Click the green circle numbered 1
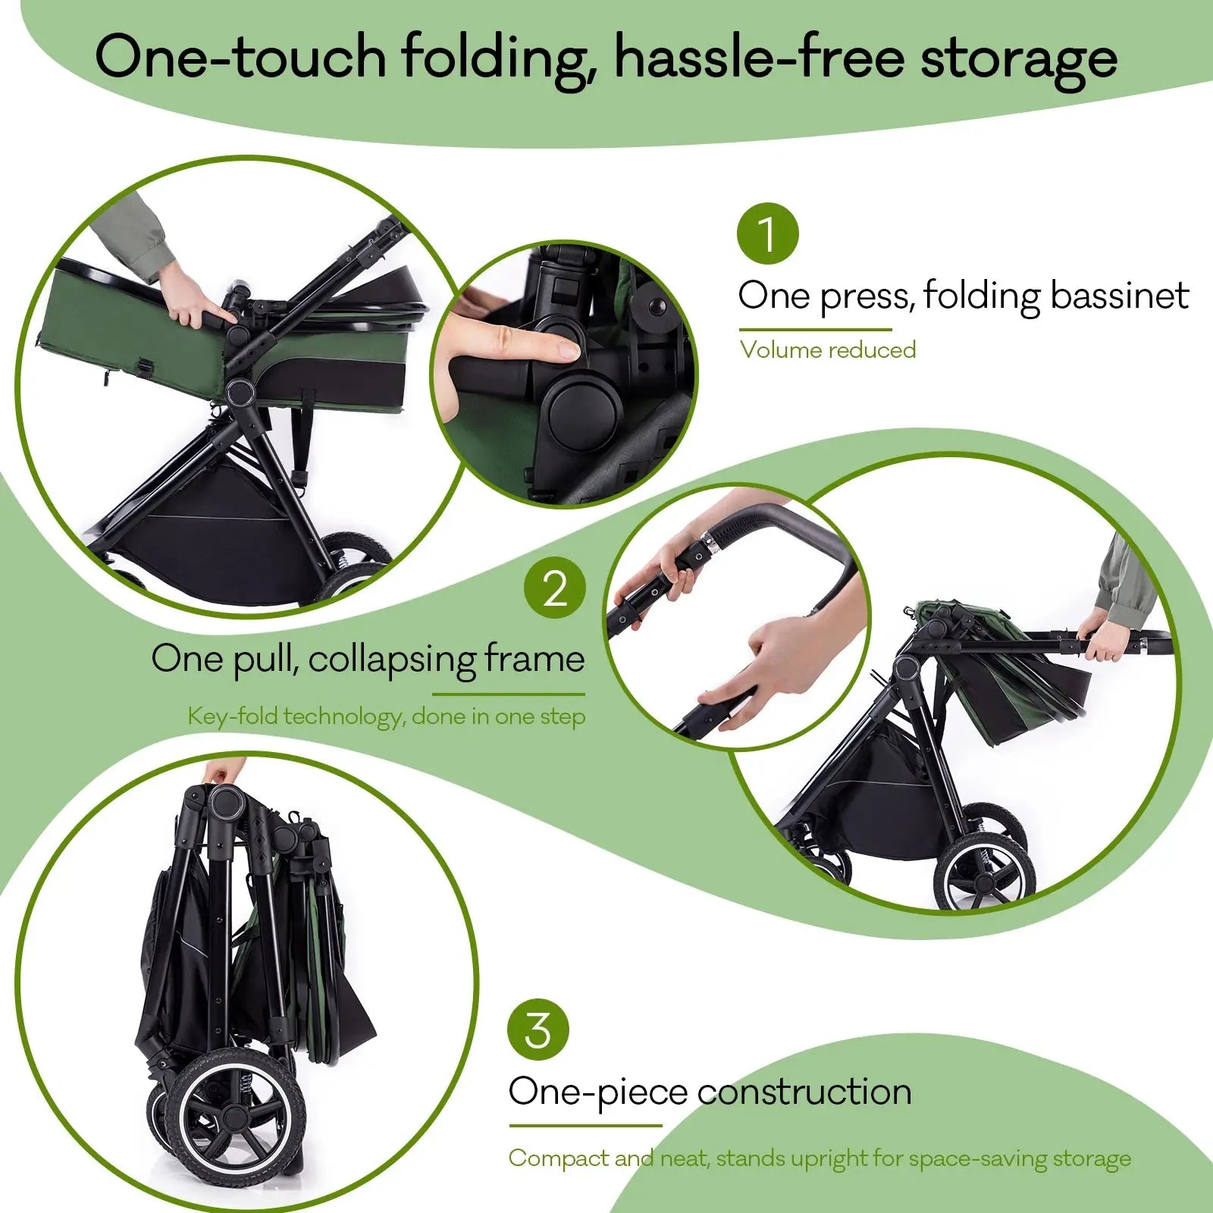pos(768,234)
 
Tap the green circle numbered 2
pos(555,588)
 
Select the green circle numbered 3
pos(538,1030)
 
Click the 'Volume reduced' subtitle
pos(828,350)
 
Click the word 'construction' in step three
pos(804,1092)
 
